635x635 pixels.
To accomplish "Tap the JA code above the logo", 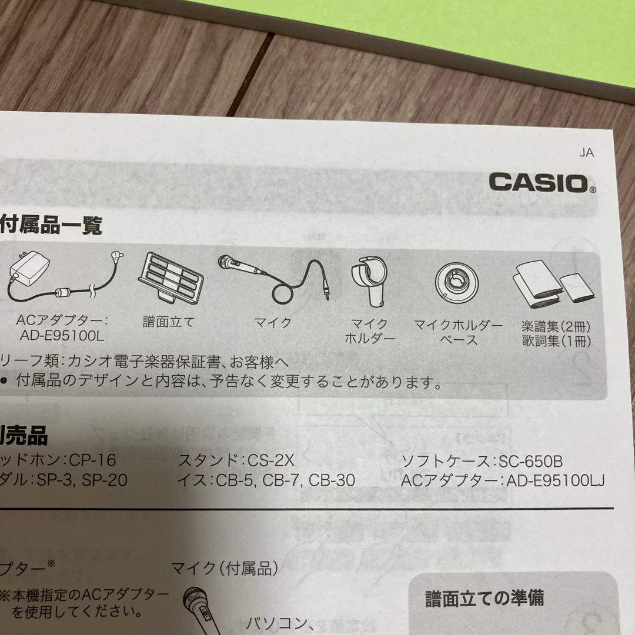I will tap(586, 153).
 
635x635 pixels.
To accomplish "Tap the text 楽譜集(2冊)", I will tap(556, 325).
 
